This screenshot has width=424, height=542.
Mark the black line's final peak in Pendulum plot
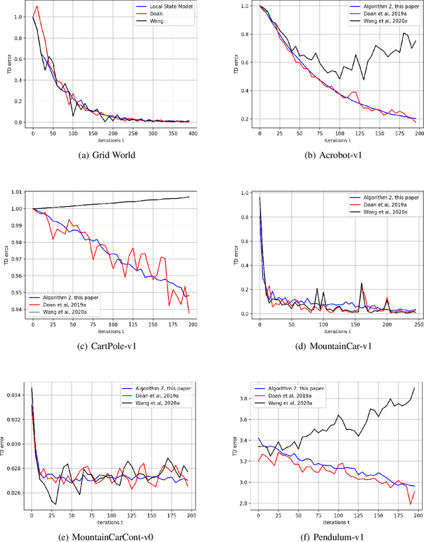click(x=415, y=388)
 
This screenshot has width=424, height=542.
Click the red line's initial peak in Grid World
click(x=36, y=6)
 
